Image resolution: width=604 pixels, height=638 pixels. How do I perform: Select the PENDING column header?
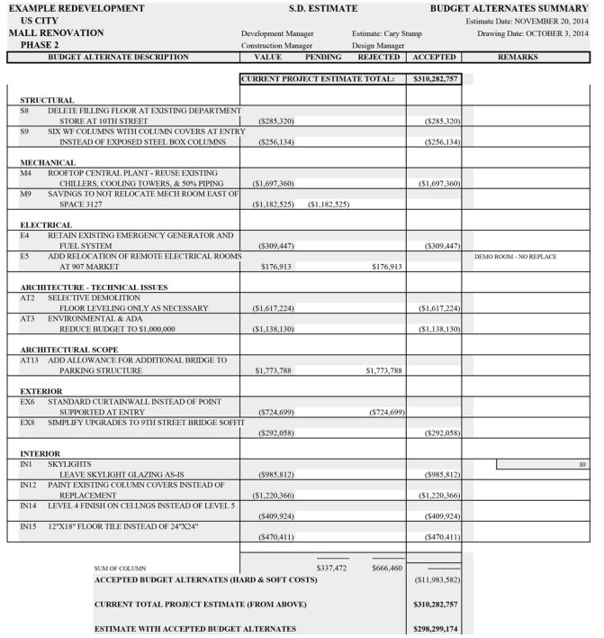pos(323,57)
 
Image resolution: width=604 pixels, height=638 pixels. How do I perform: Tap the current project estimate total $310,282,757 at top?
pos(437,79)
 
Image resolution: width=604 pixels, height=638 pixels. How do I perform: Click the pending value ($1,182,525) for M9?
pos(329,205)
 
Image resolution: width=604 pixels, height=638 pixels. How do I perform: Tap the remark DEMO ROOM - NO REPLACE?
pos(515,257)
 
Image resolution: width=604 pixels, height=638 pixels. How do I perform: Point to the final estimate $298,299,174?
pos(437,628)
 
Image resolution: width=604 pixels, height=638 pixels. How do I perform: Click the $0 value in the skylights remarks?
pos(582,464)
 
